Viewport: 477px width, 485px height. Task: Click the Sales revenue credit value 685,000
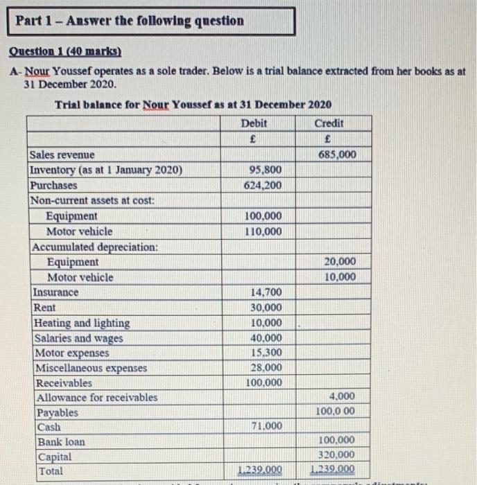[338, 155]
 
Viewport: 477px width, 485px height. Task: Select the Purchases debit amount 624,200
[263, 185]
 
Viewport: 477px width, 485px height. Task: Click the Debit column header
[254, 123]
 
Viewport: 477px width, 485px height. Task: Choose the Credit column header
[329, 123]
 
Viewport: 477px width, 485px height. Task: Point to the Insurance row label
[55, 292]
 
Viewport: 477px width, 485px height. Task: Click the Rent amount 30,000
[265, 308]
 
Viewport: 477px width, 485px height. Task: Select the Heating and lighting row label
[81, 323]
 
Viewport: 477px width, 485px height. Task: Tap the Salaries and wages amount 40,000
[265, 338]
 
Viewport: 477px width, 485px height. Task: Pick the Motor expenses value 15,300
[265, 353]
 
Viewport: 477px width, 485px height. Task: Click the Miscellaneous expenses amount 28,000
[265, 368]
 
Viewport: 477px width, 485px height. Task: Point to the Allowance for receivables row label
[95, 398]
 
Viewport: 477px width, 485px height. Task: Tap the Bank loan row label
[61, 441]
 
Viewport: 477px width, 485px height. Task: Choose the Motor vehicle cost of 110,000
[263, 231]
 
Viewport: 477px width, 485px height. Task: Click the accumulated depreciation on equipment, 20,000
[340, 261]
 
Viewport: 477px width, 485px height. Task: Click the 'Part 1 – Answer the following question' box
[155, 21]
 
